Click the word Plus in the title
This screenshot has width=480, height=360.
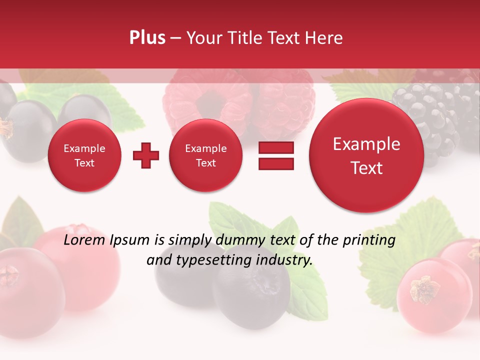(147, 38)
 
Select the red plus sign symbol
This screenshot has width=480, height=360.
(146, 155)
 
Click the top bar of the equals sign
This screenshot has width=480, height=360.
(276, 147)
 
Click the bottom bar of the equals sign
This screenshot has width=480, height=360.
(276, 164)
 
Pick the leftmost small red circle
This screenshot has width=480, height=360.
(84, 155)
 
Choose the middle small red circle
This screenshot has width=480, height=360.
(205, 155)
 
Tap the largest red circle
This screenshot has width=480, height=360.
(366, 155)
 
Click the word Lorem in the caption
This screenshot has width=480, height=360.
(81, 240)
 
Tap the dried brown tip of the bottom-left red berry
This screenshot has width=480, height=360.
(9, 274)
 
